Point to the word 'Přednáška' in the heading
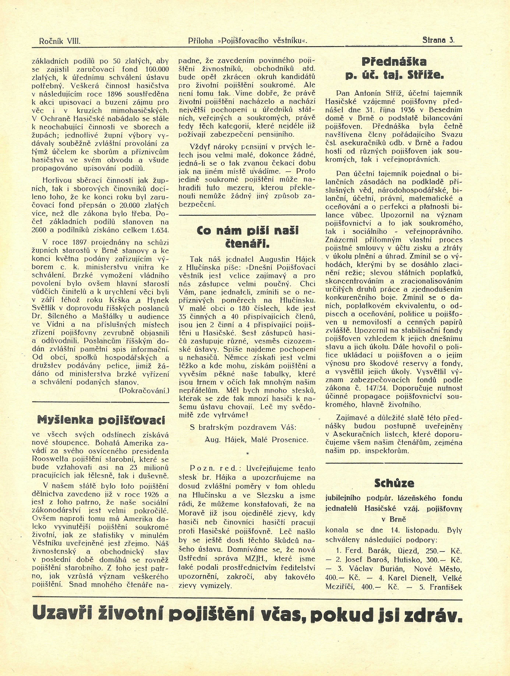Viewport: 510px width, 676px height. pyautogui.click(x=394, y=62)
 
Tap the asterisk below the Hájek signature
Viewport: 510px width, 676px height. pyautogui.click(x=247, y=455)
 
